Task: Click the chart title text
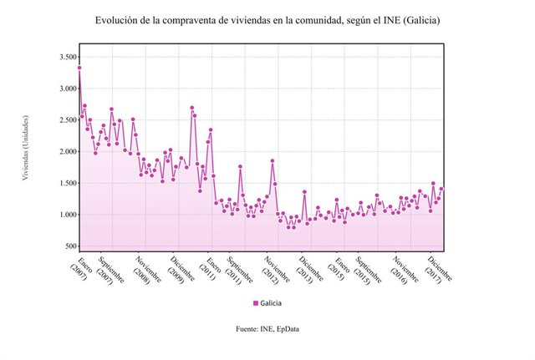click(x=267, y=20)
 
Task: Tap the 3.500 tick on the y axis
click(x=65, y=57)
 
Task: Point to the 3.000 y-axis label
click(x=65, y=89)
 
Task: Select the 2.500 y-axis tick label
click(x=65, y=120)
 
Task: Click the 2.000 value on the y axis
click(x=65, y=152)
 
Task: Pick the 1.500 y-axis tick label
click(x=65, y=184)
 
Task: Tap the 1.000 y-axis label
click(x=65, y=215)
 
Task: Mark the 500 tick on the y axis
click(x=69, y=247)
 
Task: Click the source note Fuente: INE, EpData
click(x=267, y=329)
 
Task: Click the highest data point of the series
click(x=79, y=68)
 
